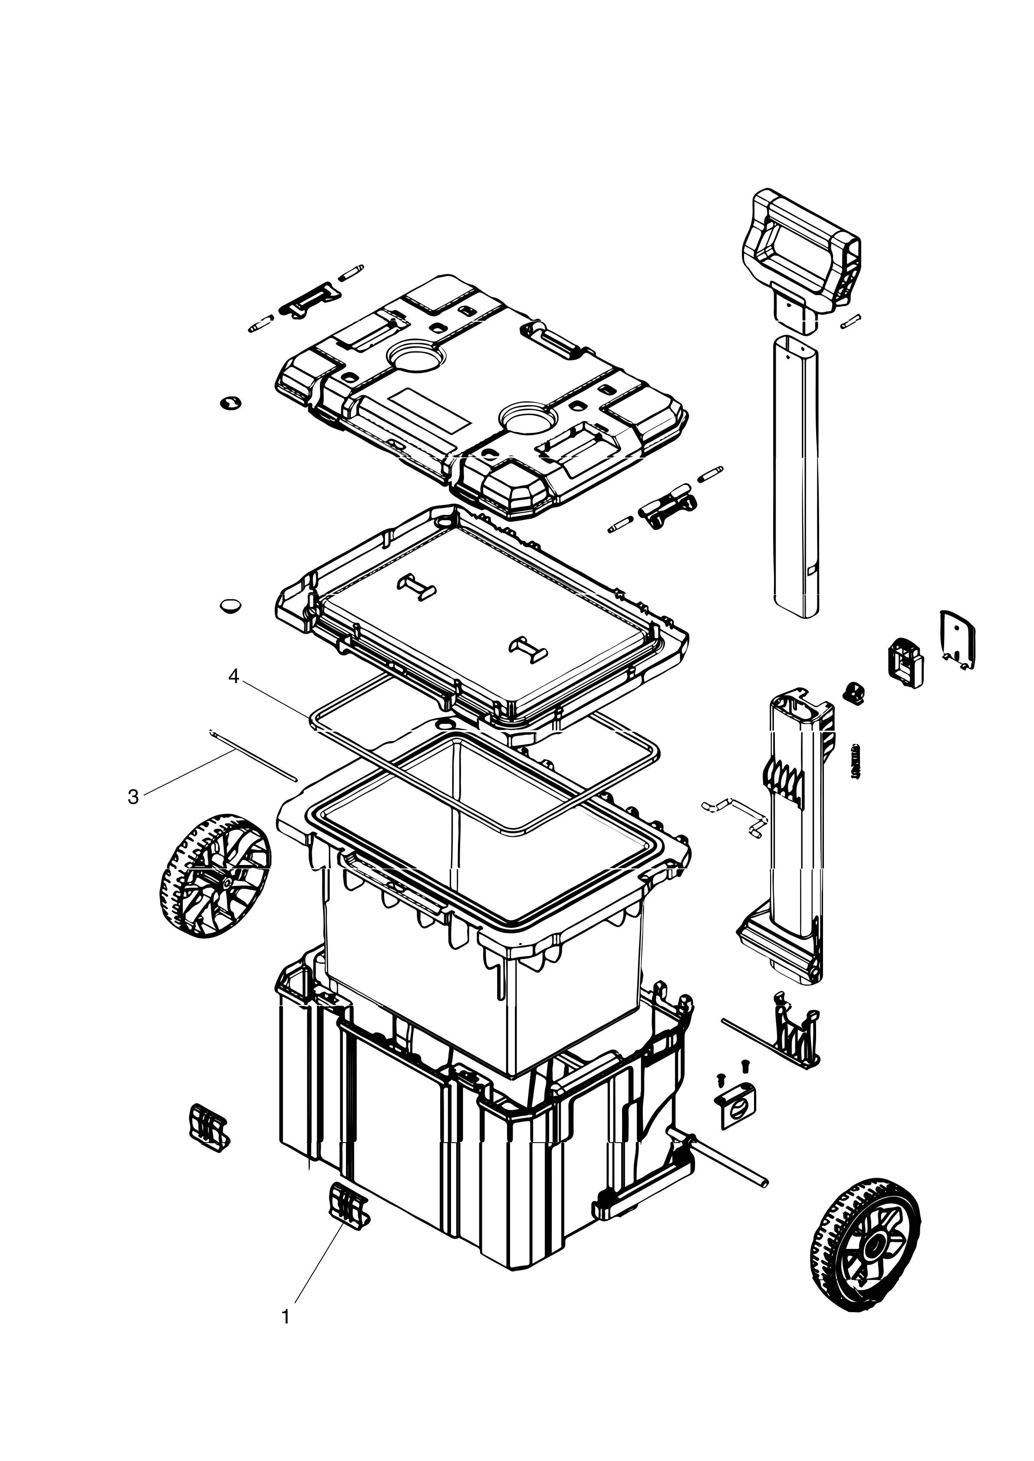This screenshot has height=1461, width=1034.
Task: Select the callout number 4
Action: pyautogui.click(x=234, y=678)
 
